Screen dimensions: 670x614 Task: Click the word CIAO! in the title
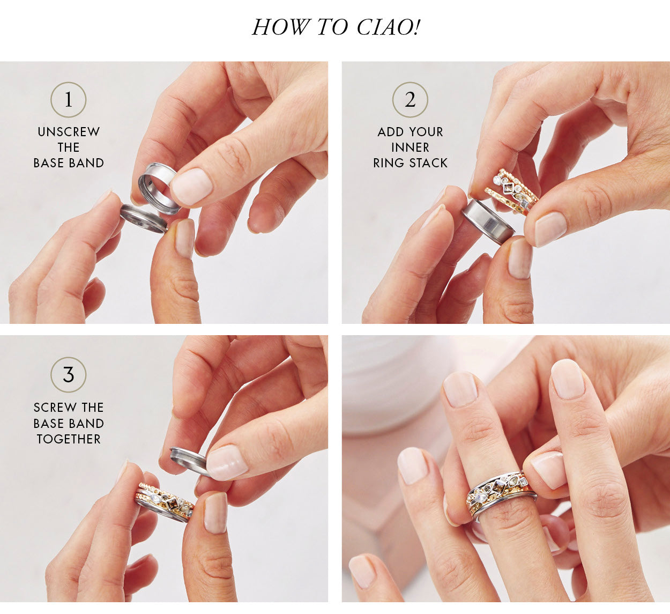[x=389, y=27]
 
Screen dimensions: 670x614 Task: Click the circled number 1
[x=69, y=100]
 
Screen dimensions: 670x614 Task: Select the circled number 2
[x=410, y=100]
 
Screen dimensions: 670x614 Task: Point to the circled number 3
[x=69, y=375]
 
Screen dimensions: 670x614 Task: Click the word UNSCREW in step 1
[x=69, y=132]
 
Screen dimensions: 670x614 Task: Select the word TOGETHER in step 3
[x=69, y=439]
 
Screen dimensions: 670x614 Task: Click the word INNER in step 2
[x=410, y=147]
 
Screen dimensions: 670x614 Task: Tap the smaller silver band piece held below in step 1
[x=144, y=218]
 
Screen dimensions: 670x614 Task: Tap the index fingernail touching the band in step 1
[x=192, y=186]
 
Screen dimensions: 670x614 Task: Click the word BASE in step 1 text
[x=49, y=163]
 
